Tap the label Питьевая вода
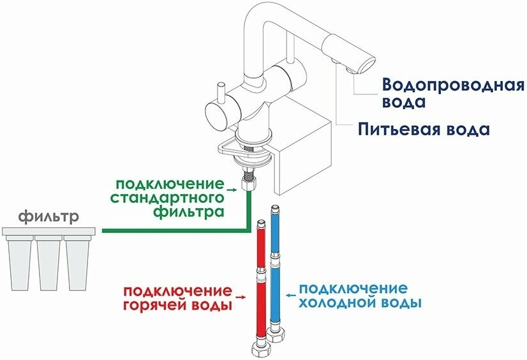click(423, 130)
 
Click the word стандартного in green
click(167, 198)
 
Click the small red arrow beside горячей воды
click(241, 297)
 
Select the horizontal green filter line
click(172, 229)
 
